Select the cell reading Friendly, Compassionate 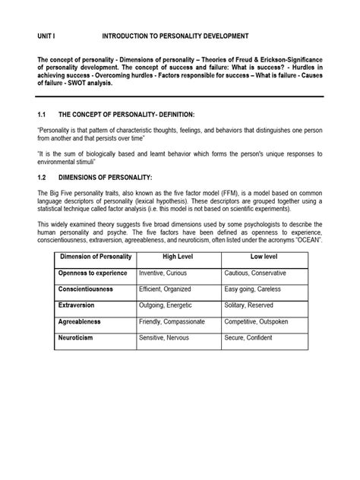coord(176,321)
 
